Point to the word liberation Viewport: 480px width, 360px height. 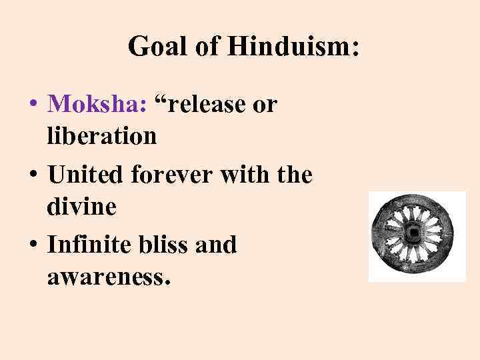point(102,136)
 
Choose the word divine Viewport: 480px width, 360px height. point(82,207)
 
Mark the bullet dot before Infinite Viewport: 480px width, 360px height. point(32,246)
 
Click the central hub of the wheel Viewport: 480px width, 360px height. point(415,235)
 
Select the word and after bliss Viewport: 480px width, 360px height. point(217,245)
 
